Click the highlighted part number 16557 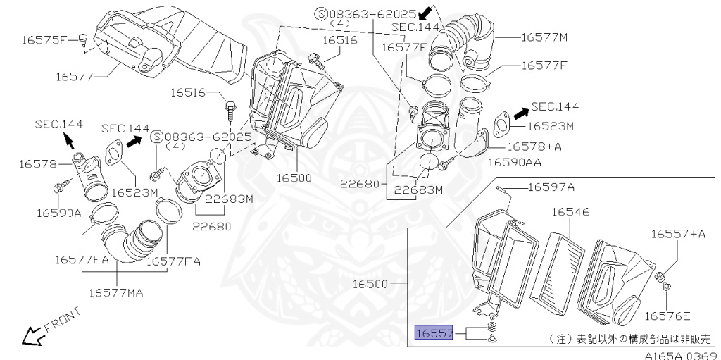433,333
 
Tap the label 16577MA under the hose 116,292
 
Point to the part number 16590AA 515,162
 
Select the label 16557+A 677,234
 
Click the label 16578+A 534,147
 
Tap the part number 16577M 544,37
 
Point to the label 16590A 60,212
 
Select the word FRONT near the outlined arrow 63,321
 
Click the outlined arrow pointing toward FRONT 31,337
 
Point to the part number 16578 37,163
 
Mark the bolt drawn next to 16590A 60,187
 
